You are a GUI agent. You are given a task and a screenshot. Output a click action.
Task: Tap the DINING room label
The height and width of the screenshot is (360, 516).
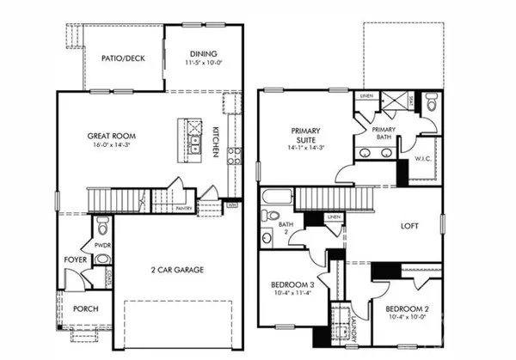[x=204, y=52]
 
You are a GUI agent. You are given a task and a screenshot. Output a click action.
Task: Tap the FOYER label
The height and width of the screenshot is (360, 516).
[x=73, y=257]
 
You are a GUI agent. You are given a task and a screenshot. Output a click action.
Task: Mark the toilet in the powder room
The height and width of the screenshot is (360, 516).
[x=103, y=228]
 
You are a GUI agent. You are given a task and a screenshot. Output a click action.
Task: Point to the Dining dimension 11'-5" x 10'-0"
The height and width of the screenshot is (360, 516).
[x=204, y=62]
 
